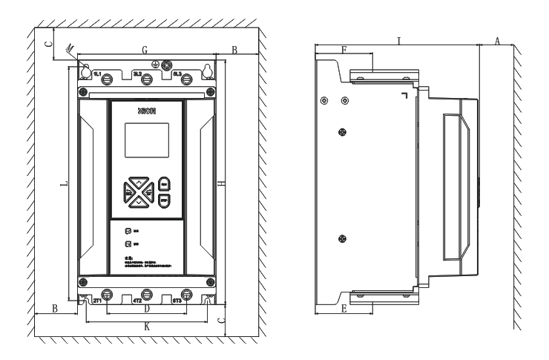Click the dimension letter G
(145, 49)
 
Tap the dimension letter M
(70, 48)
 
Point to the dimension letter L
(65, 182)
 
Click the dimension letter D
(146, 308)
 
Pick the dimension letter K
(146, 326)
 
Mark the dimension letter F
(343, 49)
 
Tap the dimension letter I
(399, 41)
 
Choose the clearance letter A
(497, 42)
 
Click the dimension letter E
(343, 308)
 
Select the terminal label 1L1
(97, 74)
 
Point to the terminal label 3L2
(138, 74)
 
